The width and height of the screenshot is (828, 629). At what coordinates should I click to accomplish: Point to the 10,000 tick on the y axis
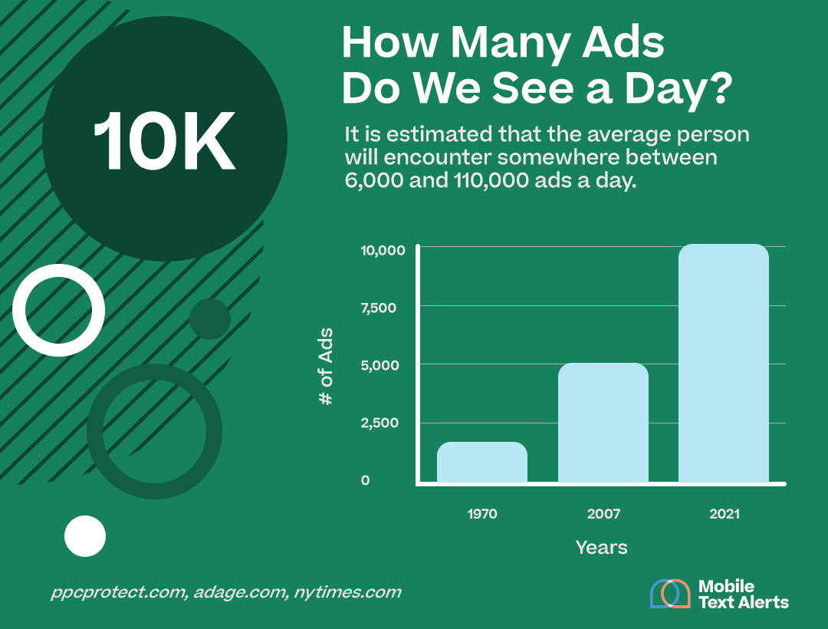[378, 250]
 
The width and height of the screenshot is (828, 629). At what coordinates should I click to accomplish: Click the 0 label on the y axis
[366, 480]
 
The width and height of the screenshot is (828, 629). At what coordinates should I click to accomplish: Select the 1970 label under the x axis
[481, 514]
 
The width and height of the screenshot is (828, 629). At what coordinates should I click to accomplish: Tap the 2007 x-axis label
[603, 514]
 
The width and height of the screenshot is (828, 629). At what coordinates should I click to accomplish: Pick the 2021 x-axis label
[724, 514]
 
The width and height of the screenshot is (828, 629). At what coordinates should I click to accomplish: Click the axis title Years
[601, 548]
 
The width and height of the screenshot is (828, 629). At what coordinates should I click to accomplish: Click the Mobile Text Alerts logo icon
[670, 593]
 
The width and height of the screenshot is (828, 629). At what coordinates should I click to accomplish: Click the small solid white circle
[84, 535]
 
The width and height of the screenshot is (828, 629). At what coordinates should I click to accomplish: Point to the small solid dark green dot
[209, 319]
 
